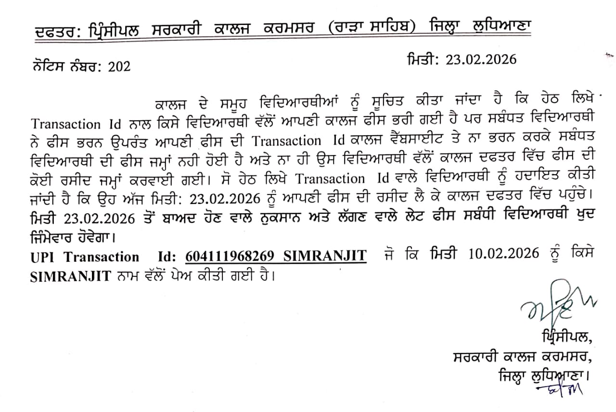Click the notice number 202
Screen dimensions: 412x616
coord(119,66)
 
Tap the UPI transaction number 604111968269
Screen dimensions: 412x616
coord(229,256)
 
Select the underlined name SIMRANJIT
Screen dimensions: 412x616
coord(324,256)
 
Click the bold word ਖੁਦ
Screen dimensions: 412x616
coord(585,217)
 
